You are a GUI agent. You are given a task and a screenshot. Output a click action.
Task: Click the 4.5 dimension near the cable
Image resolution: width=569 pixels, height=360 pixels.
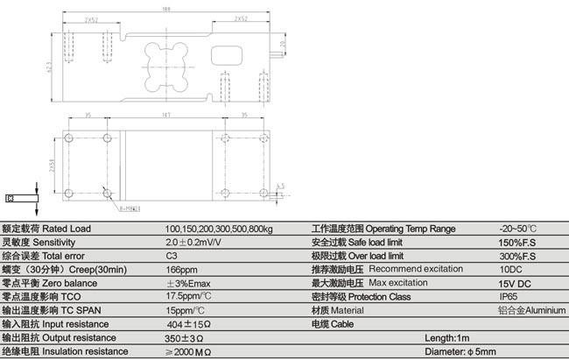(280, 185)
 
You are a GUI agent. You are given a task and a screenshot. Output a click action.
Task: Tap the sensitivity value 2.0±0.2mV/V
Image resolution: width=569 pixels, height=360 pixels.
(193, 243)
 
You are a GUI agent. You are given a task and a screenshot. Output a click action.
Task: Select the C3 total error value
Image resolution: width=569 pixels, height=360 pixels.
(172, 256)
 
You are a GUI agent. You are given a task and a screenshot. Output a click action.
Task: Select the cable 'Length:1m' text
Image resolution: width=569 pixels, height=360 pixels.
(447, 337)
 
